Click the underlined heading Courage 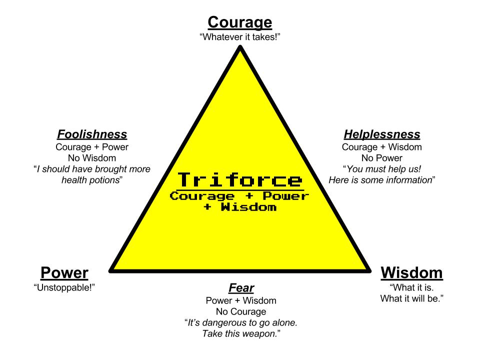(x=240, y=22)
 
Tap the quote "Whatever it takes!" (x=240, y=37)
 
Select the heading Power (x=64, y=273)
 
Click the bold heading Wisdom (x=411, y=273)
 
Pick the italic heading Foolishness (x=92, y=134)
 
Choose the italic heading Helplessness (x=382, y=134)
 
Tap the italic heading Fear (x=241, y=288)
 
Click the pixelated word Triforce (x=240, y=180)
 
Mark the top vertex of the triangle (x=240, y=47)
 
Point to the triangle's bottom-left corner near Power (x=111, y=270)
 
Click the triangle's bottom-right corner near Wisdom (x=369, y=270)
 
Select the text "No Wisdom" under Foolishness (x=92, y=158)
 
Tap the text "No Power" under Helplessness (x=382, y=158)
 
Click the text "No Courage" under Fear (x=241, y=311)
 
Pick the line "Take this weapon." (x=241, y=333)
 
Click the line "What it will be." (x=411, y=298)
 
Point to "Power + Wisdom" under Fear (x=241, y=300)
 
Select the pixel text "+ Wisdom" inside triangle (x=240, y=207)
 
